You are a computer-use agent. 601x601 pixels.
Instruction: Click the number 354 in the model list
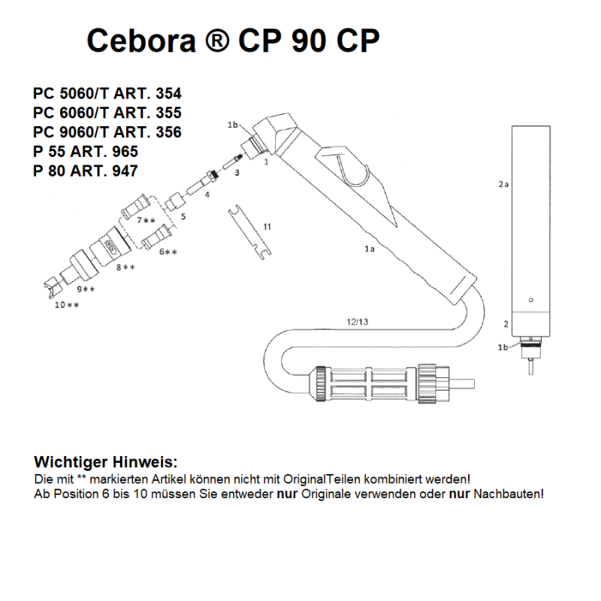pyautogui.click(x=166, y=95)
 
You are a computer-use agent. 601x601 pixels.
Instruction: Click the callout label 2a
pyautogui.click(x=504, y=183)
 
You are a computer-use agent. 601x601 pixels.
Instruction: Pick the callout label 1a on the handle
pyautogui.click(x=369, y=248)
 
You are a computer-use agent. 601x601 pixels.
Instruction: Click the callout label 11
pyautogui.click(x=267, y=226)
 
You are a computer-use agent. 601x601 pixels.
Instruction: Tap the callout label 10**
pyautogui.click(x=66, y=305)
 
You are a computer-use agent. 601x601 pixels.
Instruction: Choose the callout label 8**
pyautogui.click(x=125, y=267)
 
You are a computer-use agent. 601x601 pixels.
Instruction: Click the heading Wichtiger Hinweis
pyautogui.click(x=106, y=461)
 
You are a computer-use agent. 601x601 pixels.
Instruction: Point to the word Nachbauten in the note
pyautogui.click(x=507, y=494)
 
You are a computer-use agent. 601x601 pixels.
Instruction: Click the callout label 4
pyautogui.click(x=207, y=195)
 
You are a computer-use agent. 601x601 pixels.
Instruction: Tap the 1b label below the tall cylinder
pyautogui.click(x=503, y=347)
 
